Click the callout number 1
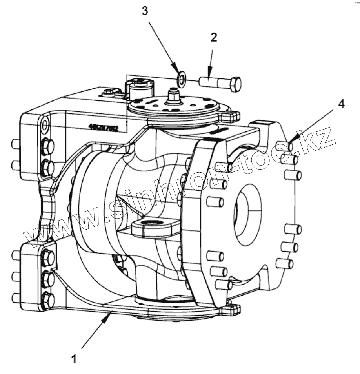(x=73, y=359)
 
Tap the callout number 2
(x=214, y=38)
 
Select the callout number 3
(x=145, y=11)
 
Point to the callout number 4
(x=342, y=104)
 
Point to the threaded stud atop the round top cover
(x=171, y=96)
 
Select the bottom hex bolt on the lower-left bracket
(x=47, y=299)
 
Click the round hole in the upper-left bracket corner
(x=45, y=125)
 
